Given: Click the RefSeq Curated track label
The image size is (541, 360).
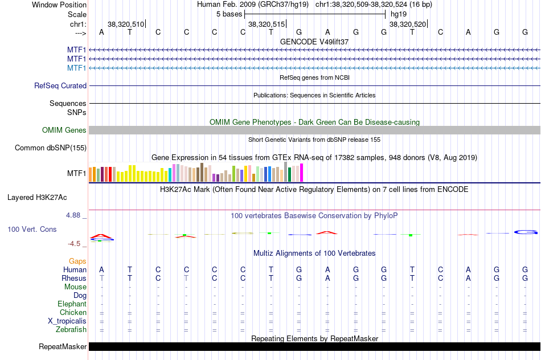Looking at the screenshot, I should [60, 86].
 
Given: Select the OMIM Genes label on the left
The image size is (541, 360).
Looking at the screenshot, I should [64, 130].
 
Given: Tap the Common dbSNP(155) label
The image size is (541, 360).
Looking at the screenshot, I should [51, 148].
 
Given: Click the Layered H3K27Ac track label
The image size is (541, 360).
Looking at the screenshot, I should [37, 198].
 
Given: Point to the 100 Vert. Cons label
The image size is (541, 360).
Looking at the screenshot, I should [32, 229].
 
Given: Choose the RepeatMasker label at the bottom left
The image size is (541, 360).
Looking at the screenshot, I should [63, 346].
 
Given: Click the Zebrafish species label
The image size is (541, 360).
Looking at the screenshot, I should [71, 330].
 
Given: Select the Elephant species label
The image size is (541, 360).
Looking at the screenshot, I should [72, 304].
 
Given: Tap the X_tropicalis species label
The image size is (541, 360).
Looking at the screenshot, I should [67, 321].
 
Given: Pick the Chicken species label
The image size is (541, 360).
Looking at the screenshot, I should [73, 313].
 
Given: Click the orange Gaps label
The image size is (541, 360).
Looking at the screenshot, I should [77, 261].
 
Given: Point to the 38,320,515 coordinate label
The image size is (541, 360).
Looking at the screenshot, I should [266, 24].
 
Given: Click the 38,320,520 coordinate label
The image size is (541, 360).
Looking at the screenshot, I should [407, 24].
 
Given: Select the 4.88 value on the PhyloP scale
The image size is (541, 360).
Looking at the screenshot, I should [74, 215].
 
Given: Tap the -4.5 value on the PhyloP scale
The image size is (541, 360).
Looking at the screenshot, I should [75, 244].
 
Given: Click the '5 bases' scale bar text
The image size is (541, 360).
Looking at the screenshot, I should [229, 14].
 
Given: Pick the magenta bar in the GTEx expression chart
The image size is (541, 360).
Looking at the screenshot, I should [302, 173].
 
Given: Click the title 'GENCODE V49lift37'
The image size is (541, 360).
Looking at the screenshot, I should [314, 42].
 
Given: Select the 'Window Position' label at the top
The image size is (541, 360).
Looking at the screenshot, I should [59, 5].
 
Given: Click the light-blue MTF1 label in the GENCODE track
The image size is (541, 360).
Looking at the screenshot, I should [77, 68].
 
